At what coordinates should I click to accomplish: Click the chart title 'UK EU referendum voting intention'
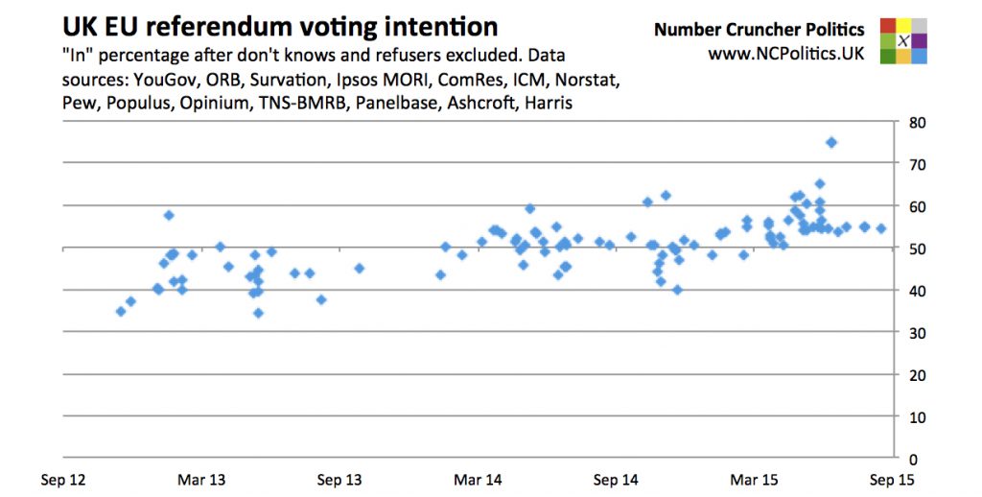[x=280, y=26]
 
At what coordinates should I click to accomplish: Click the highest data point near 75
[x=831, y=142]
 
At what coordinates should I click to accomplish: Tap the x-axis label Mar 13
[x=202, y=479]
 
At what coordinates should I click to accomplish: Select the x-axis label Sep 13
[x=339, y=479]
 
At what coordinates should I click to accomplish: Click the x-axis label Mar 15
[x=754, y=479]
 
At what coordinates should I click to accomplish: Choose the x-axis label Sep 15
[x=892, y=479]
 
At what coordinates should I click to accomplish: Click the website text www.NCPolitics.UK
[x=785, y=55]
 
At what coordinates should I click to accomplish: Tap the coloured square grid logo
[x=903, y=41]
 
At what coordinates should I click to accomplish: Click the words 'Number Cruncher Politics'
[x=759, y=30]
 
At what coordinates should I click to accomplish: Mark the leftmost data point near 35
[x=121, y=311]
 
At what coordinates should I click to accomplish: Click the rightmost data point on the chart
[x=881, y=228]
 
